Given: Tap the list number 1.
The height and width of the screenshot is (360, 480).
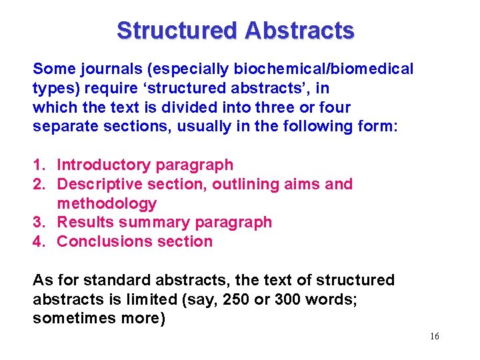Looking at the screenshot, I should [38, 165].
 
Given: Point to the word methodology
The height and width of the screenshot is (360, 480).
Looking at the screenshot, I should [107, 203].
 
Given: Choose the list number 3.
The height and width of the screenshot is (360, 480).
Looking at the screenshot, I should [38, 222].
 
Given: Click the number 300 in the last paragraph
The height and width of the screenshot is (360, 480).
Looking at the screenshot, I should [287, 299].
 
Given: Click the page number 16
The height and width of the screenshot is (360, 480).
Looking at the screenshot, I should [435, 336].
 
